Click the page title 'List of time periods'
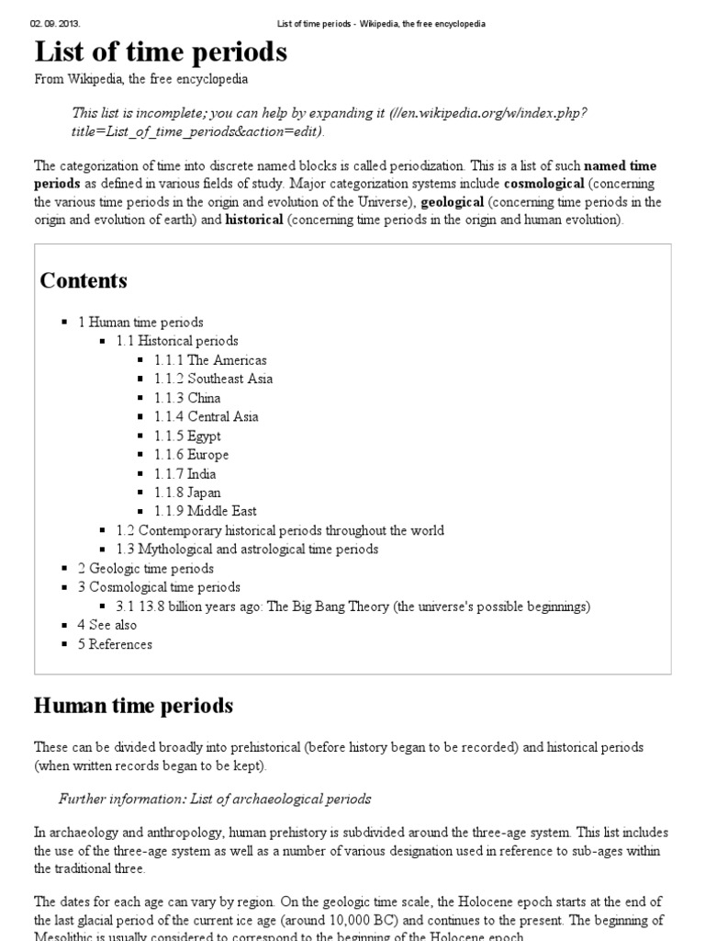tap(161, 51)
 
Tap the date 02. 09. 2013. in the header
tap(54, 23)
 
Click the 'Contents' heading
tap(84, 281)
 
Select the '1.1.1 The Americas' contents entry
tap(210, 360)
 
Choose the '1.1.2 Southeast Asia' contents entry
tap(213, 379)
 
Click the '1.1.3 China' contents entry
tap(187, 398)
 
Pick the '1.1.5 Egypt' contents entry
tap(188, 436)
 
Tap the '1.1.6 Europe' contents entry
tap(191, 455)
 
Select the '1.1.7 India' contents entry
tap(185, 473)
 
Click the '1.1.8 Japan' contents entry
tap(187, 493)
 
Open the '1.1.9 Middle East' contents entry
tap(206, 511)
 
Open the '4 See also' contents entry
tap(107, 625)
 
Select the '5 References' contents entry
tap(115, 644)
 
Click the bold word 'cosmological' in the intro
tap(543, 184)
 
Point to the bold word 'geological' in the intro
tap(452, 202)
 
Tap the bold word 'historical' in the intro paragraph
tap(254, 221)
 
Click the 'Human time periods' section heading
tap(133, 706)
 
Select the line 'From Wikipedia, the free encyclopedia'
tap(140, 80)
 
